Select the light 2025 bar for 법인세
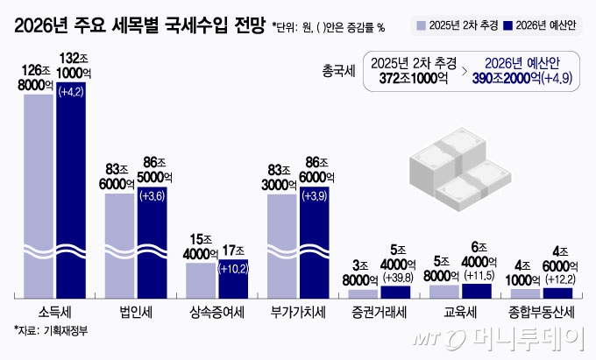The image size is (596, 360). click(119, 245)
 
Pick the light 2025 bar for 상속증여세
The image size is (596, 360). click(201, 280)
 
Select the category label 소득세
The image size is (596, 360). click(55, 311)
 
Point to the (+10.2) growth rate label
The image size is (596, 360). click(233, 269)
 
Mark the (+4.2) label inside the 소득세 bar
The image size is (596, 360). click(72, 92)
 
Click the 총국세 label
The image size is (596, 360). click(338, 71)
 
